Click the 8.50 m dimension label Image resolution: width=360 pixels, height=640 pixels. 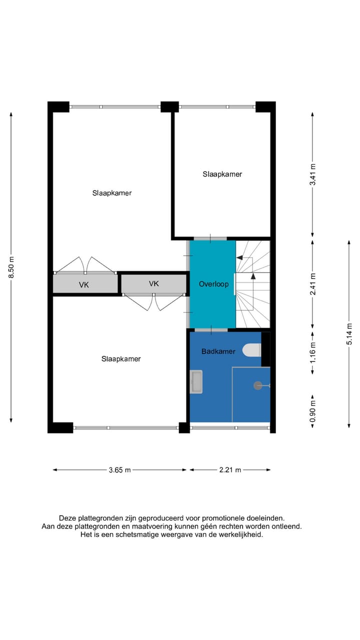[x=11, y=268]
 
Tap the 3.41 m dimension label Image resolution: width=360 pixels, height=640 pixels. [x=313, y=175]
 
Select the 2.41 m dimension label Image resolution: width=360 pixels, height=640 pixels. [x=313, y=283]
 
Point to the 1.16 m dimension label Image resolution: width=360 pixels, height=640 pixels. [x=313, y=352]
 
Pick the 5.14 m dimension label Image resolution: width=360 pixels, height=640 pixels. [x=349, y=334]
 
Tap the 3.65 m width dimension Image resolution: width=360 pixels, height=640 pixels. [x=120, y=470]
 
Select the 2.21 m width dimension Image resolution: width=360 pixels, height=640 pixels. [x=230, y=470]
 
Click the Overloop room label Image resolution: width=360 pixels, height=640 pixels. [x=213, y=284]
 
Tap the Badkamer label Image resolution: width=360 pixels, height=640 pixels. [x=218, y=351]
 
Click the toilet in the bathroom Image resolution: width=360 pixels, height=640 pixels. [x=252, y=350]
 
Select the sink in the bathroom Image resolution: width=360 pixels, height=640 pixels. [x=196, y=382]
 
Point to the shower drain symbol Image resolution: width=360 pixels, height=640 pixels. [x=258, y=385]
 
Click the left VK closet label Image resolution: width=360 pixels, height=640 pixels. [x=84, y=285]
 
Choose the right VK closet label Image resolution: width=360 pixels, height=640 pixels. [x=153, y=283]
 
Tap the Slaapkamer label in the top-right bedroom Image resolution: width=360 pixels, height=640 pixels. [x=222, y=174]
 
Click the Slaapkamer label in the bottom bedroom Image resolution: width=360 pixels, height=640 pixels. [x=121, y=359]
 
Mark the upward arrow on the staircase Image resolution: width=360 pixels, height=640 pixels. [x=253, y=275]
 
